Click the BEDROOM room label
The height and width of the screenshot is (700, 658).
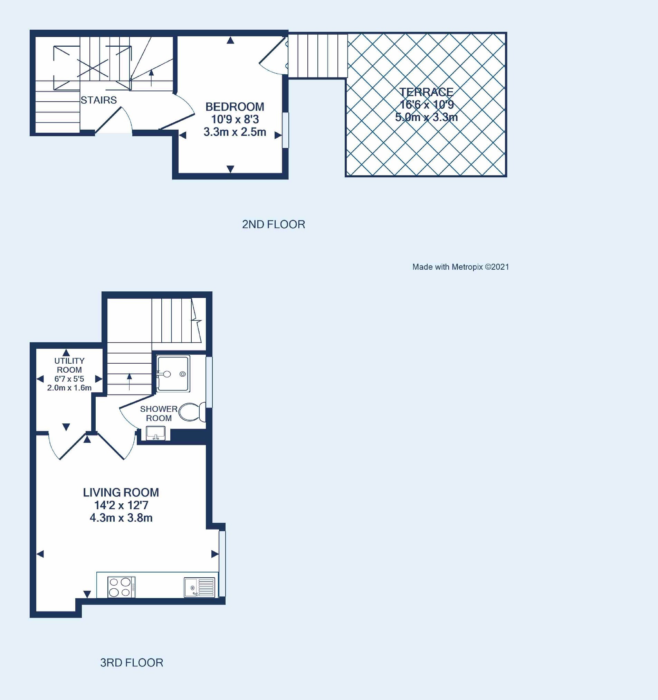click(x=235, y=107)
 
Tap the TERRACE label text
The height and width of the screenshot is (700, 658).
click(x=426, y=92)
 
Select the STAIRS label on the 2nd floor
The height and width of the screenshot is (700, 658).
click(x=98, y=100)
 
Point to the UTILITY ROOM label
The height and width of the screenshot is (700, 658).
click(x=69, y=365)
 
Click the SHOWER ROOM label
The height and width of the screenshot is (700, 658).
click(x=159, y=413)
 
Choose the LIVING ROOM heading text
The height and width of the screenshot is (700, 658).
click(x=121, y=492)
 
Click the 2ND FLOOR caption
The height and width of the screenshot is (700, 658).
click(x=274, y=224)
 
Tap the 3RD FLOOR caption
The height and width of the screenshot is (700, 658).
click(x=132, y=663)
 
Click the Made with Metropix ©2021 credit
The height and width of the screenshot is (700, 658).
click(x=461, y=267)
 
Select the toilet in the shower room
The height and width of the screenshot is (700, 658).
click(x=192, y=412)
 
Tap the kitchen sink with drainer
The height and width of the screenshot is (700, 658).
click(x=199, y=587)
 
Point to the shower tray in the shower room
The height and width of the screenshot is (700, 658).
click(x=173, y=374)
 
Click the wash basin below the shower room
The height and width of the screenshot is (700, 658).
click(x=155, y=433)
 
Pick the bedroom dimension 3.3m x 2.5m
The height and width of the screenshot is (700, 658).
click(x=235, y=132)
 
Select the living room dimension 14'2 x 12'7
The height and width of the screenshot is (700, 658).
click(x=121, y=505)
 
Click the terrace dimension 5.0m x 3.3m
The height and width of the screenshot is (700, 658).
click(x=426, y=117)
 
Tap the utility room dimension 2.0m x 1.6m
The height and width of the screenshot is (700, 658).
click(x=69, y=388)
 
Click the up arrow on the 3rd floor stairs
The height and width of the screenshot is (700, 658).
click(x=130, y=382)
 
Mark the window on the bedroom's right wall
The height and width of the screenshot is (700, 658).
click(x=285, y=130)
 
